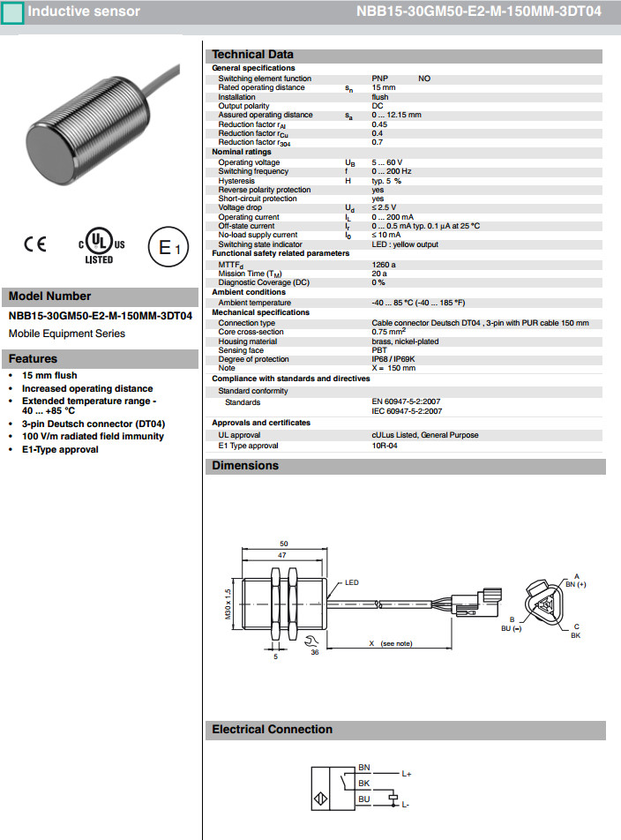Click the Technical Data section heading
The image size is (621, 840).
coord(253,55)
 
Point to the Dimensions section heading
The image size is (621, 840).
coord(245,466)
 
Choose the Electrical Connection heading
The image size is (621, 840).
coord(272,730)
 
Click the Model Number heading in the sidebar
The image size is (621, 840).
coord(49,296)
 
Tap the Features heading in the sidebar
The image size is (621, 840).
coord(33,359)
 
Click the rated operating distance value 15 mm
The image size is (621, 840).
coord(384,87)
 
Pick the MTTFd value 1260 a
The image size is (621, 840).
coord(385,264)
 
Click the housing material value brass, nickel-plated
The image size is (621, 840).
coord(405,341)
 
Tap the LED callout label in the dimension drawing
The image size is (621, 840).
coord(352,583)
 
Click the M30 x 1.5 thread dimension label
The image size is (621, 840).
coord(227,605)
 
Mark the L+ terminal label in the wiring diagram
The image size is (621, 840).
coord(407,773)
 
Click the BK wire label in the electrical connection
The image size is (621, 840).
coord(363,783)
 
